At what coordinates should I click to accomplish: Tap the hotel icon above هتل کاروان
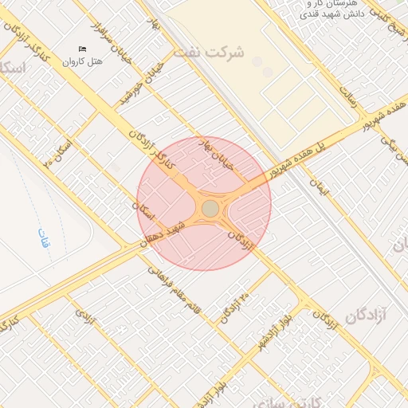(x=83, y=49)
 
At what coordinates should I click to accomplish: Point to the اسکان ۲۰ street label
(x=57, y=151)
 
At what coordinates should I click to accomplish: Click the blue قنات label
(x=44, y=237)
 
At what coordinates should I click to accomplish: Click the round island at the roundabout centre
(x=210, y=208)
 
